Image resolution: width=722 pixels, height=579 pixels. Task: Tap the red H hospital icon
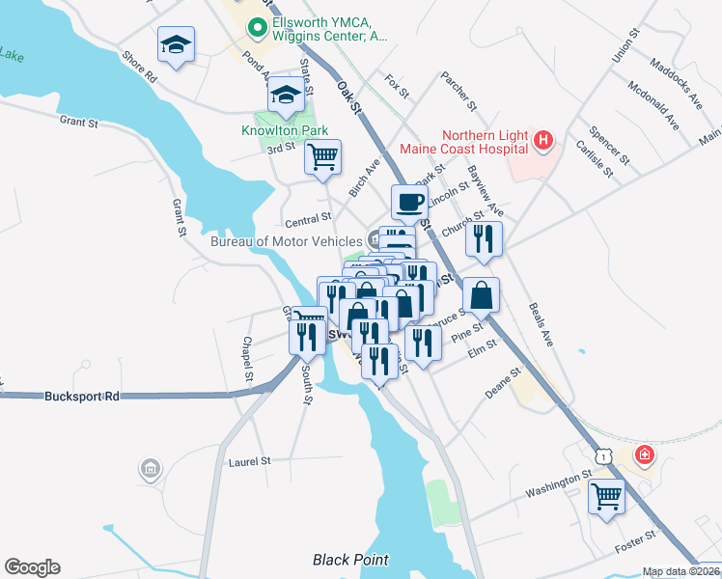[x=543, y=142]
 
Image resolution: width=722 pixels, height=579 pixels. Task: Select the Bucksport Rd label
[x=82, y=397]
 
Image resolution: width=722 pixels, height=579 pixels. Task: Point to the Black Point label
[x=350, y=560]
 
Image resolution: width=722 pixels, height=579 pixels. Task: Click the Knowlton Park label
[x=285, y=131]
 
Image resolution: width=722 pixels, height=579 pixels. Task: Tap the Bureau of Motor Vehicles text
[x=287, y=241]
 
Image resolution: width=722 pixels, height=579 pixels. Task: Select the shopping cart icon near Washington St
[x=607, y=497]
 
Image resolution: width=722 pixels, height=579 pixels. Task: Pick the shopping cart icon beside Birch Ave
[x=323, y=156]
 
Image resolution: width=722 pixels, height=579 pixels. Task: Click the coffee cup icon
[x=408, y=202]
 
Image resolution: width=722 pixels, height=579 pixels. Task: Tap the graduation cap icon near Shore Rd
[x=177, y=44]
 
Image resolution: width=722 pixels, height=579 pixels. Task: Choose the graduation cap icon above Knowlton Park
[x=286, y=94]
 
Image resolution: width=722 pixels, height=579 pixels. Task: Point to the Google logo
[x=32, y=567]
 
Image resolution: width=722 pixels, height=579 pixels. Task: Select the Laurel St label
[x=249, y=462]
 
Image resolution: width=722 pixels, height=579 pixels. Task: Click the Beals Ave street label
[x=540, y=326]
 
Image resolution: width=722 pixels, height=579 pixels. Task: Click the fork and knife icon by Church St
[x=484, y=236]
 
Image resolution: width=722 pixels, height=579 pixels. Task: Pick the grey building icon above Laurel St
[x=150, y=470]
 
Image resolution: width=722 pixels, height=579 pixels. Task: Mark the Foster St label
[x=635, y=540]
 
